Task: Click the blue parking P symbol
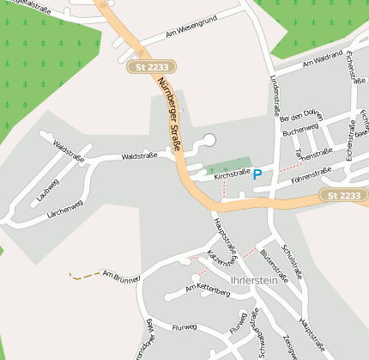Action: tap(257, 174)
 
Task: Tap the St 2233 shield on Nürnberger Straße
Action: tap(153, 66)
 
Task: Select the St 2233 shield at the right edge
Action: tap(343, 196)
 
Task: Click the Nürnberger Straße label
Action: tap(169, 113)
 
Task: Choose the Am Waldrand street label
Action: tap(323, 63)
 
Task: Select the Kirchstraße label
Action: tap(231, 174)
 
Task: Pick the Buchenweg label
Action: tap(300, 132)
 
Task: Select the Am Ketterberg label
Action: tap(208, 290)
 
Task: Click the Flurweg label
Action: tap(184, 327)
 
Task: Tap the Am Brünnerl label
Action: tap(121, 277)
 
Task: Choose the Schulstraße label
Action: tap(291, 261)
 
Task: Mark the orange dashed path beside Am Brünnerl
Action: tap(83, 276)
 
